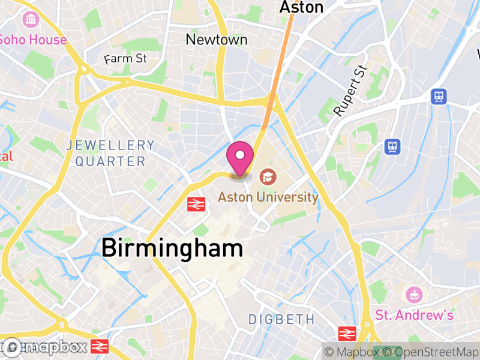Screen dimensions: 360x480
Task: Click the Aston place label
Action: pos(302,7)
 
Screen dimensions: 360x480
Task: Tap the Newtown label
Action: pos(217,40)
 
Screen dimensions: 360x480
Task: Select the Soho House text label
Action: pos(32,40)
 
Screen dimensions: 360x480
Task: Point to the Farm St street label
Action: pos(125,59)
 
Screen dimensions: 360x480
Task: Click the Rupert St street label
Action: pos(350,91)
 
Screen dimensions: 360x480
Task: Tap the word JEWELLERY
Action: pos(111,145)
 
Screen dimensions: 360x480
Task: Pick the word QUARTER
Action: pos(110,161)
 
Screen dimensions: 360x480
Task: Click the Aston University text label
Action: pos(268,197)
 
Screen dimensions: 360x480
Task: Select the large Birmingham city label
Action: pos(172,248)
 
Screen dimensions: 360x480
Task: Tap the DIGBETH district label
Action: pos(281,319)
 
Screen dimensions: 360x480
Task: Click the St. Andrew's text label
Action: pos(415,314)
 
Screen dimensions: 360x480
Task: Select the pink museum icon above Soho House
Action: pos(29,20)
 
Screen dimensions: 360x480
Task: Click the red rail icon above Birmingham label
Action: pos(196,205)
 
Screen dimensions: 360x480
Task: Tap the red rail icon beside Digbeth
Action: pos(347,334)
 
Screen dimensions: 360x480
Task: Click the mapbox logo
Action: pos(44,347)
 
